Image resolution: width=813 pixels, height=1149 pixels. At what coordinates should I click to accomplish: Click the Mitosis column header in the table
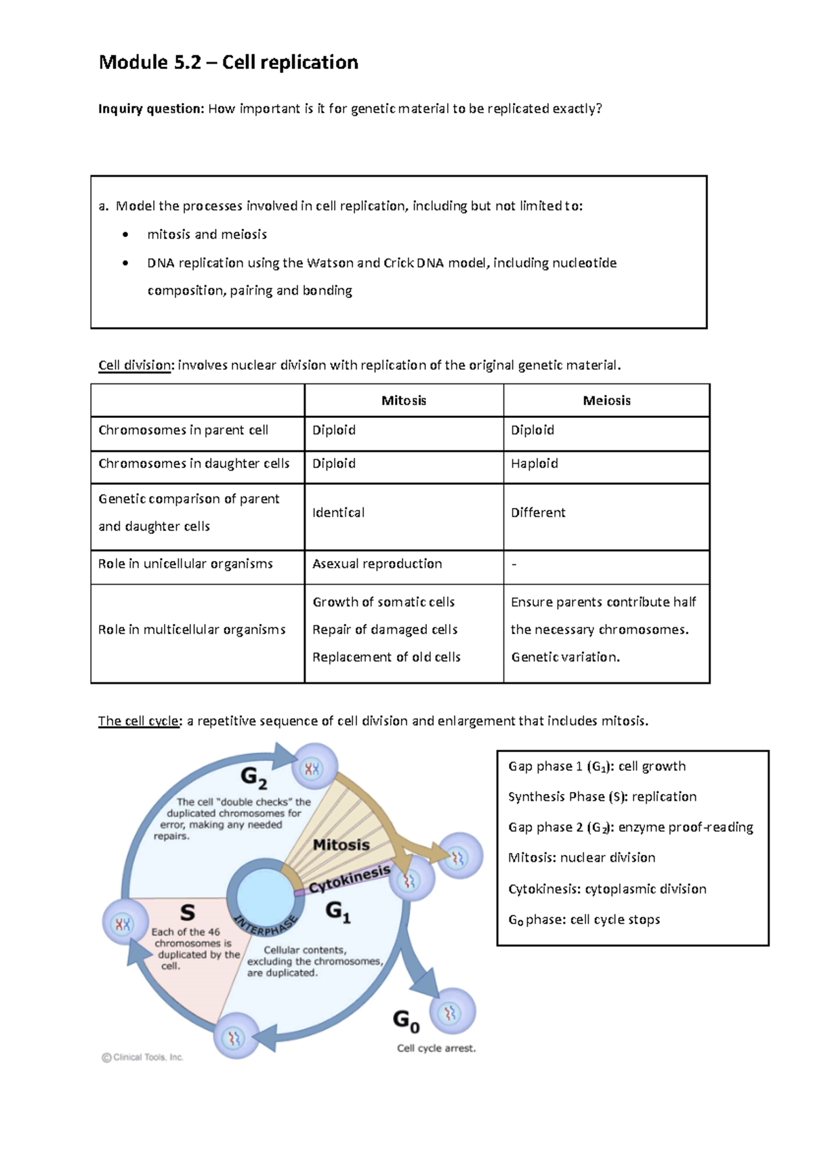click(404, 400)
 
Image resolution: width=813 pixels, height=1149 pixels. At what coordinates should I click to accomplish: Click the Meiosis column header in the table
click(606, 400)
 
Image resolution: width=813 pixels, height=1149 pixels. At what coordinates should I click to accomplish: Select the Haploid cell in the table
click(535, 463)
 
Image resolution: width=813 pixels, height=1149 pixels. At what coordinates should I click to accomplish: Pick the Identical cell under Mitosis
click(338, 513)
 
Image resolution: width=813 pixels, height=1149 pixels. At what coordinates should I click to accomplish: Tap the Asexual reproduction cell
click(377, 564)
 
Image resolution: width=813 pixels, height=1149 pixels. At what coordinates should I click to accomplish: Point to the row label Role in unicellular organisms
click(186, 564)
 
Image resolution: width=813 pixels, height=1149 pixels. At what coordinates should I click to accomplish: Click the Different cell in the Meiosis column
click(538, 513)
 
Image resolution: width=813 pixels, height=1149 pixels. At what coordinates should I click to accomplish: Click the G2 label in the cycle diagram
click(253, 778)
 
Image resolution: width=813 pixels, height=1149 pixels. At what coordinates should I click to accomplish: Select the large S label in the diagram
click(187, 913)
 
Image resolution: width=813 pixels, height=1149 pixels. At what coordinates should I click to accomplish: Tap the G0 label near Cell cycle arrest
click(406, 1021)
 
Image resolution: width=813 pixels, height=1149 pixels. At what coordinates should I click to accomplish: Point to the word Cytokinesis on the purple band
click(350, 879)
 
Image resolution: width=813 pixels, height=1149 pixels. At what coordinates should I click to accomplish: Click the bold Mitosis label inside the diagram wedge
click(341, 845)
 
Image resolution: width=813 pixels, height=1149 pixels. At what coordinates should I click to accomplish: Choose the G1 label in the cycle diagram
click(338, 912)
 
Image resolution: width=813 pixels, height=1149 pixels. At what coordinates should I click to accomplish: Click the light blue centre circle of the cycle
click(266, 894)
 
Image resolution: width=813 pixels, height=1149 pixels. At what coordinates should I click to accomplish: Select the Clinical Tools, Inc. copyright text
click(143, 1057)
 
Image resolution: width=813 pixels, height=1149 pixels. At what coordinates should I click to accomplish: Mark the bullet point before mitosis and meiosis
click(125, 234)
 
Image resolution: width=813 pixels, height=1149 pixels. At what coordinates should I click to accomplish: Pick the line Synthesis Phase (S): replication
click(602, 797)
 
